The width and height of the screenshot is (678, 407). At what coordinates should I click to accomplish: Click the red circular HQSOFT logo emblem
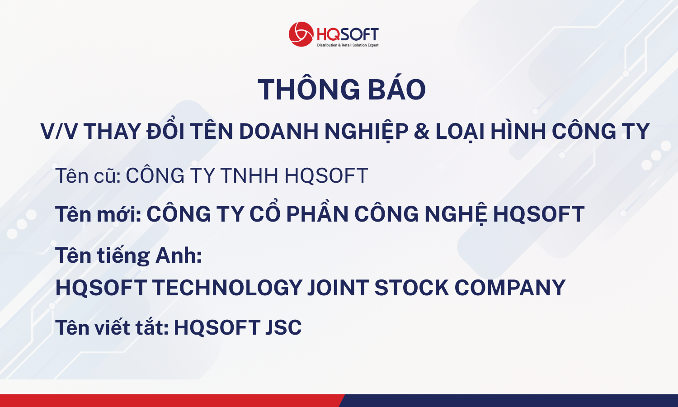pos(301,34)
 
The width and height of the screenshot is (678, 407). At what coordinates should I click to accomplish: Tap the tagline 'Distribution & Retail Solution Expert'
pos(348,45)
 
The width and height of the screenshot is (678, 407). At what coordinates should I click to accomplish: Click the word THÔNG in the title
pos(309,89)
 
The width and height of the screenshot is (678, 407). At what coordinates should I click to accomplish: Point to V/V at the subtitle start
pos(58,132)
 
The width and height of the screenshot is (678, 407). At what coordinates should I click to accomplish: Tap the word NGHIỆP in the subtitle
pos(367,132)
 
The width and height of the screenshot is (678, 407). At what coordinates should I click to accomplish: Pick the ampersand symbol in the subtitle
pos(422,132)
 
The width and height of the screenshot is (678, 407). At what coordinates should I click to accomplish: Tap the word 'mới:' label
pos(119,214)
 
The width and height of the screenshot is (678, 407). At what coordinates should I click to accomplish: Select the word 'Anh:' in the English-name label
pos(179,256)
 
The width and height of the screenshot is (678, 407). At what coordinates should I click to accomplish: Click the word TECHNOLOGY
pos(227,287)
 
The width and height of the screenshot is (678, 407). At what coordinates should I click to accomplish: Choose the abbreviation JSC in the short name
pos(283,327)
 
